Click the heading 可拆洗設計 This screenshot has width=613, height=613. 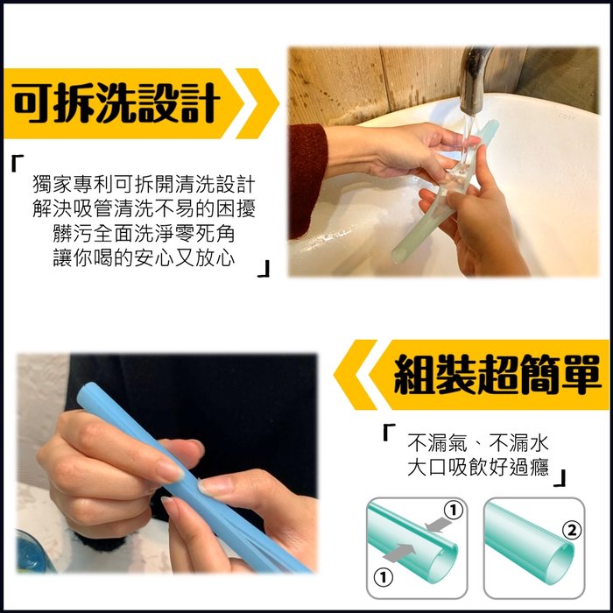click(x=116, y=103)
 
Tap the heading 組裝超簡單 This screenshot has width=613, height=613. click(x=497, y=375)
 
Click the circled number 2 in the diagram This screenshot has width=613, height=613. click(x=572, y=531)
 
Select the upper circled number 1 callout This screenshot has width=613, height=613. click(x=454, y=510)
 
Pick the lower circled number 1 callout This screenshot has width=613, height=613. click(x=384, y=577)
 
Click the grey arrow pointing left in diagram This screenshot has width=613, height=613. click(x=439, y=525)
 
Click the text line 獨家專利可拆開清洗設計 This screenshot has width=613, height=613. click(x=144, y=184)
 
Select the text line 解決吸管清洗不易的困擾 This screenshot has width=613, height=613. click(x=144, y=208)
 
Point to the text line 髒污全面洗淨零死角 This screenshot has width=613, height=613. click(x=144, y=234)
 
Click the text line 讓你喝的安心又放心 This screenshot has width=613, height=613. click(x=144, y=258)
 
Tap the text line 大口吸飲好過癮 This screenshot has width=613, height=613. click(x=478, y=467)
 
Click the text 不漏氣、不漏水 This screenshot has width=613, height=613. click(x=478, y=443)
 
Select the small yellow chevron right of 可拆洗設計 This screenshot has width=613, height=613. click(x=258, y=103)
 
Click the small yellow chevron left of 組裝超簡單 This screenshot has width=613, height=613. click(x=355, y=375)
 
